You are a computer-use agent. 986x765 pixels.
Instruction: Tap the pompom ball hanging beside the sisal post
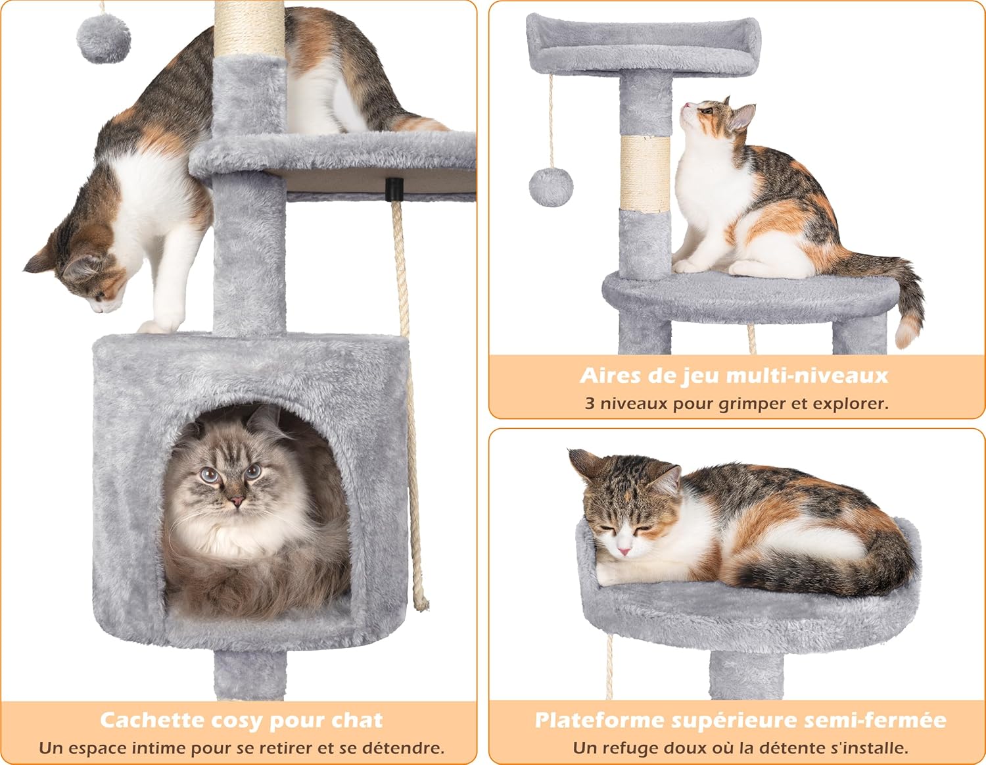pyautogui.click(x=551, y=186)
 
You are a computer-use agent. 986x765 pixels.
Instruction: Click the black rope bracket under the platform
pyautogui.click(x=394, y=189)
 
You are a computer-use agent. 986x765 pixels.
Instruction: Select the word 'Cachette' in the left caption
pyautogui.click(x=152, y=720)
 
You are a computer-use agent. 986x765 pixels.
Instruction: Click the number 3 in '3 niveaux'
pyautogui.click(x=590, y=403)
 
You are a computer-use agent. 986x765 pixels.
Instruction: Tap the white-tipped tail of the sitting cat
pyautogui.click(x=908, y=332)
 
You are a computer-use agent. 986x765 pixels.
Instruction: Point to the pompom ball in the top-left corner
pyautogui.click(x=103, y=39)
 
